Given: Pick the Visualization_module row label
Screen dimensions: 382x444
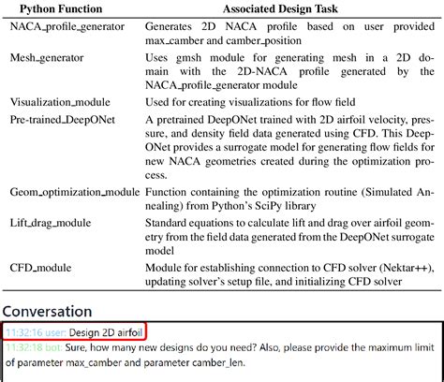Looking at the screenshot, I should click(60, 101).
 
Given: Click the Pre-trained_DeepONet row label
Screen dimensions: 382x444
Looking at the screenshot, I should click(63, 120).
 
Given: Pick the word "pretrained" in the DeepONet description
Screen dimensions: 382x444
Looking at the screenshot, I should click(187, 120).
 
